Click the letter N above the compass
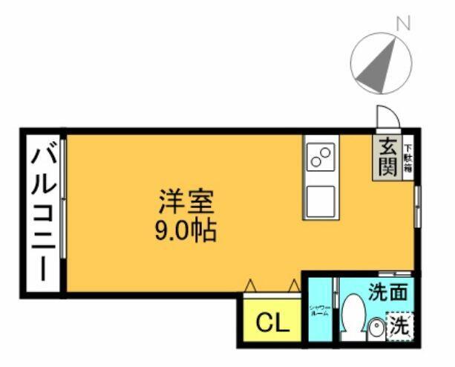point(404,23)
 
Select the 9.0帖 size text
point(186,230)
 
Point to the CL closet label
point(269,322)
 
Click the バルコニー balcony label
point(43,212)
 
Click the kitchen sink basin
point(321,199)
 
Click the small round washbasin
point(376,327)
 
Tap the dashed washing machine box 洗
point(399,325)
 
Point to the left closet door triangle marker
point(250,285)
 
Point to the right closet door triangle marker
point(293,285)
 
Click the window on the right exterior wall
point(417,207)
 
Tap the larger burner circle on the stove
point(324,153)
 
